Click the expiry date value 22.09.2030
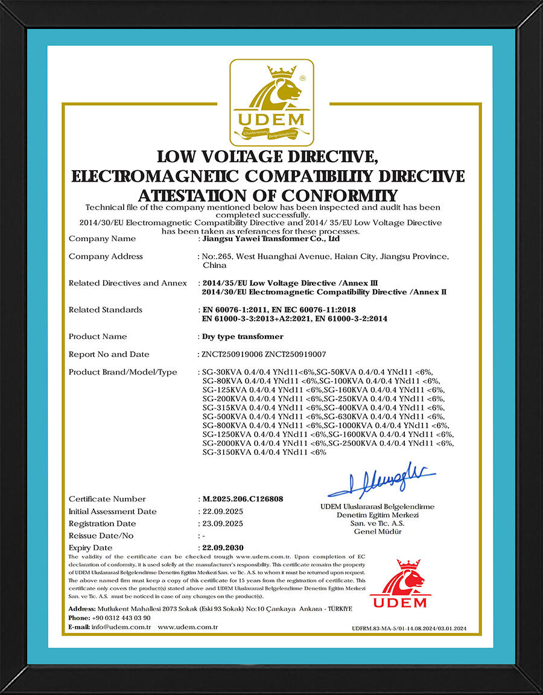pos(223,548)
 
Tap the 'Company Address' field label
pos(106,256)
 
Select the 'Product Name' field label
pos(98,336)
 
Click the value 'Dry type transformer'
pos(242,336)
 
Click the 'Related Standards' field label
pos(106,309)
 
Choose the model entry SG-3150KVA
pos(226,452)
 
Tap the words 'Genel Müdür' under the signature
pos(378,532)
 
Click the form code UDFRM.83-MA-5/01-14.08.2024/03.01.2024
pos(409,629)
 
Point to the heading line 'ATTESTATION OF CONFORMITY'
pos(268,195)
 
